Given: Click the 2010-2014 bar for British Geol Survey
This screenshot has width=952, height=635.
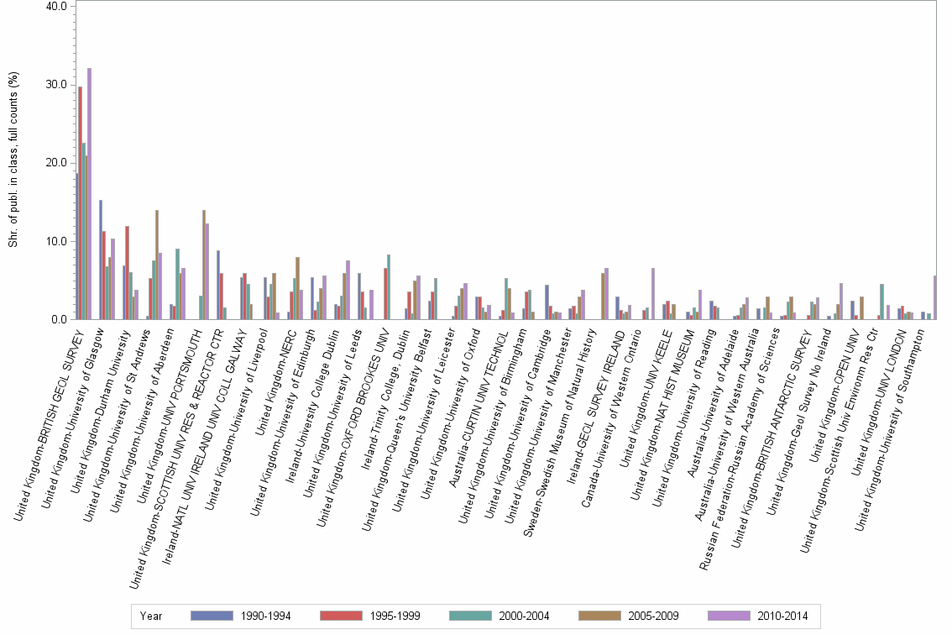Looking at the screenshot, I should coord(89,194).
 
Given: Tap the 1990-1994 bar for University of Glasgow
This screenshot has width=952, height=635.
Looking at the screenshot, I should coord(101,260).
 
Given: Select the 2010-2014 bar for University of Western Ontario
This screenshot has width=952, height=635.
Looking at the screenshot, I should coord(652,294).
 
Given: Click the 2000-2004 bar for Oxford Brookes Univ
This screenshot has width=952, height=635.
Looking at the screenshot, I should coord(389,287).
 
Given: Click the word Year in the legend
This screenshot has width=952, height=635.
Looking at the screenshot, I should coord(151,616).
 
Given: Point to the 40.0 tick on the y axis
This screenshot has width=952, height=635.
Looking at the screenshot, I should coord(56,6).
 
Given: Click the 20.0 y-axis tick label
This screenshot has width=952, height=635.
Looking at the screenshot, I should coord(56,163).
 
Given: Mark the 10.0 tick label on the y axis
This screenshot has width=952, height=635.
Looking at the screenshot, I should coord(56,241).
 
